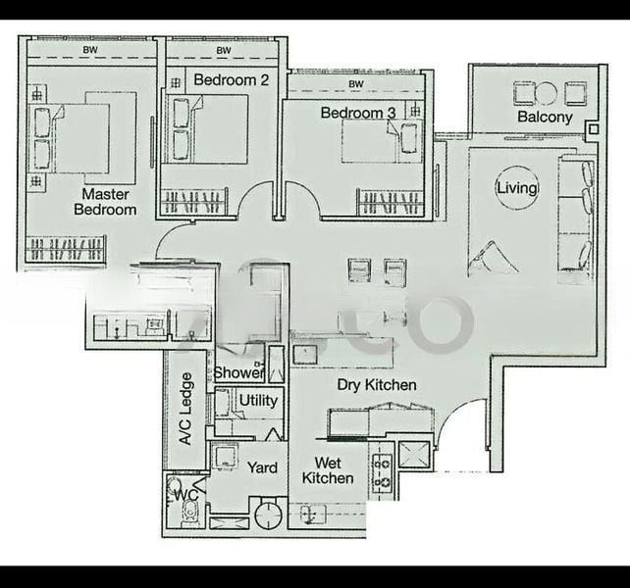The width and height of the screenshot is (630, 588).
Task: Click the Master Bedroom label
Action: click(108, 201)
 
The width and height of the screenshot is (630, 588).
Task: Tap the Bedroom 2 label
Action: click(231, 79)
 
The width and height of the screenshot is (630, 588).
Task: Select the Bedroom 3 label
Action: click(358, 113)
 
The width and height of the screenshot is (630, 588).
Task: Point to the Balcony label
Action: click(545, 117)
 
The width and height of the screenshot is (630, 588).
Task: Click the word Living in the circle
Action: click(517, 188)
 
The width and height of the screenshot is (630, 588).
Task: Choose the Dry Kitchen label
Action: click(377, 385)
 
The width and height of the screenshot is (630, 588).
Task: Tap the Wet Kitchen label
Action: click(328, 470)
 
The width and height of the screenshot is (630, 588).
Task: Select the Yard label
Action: click(261, 468)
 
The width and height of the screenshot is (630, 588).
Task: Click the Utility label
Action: click(258, 401)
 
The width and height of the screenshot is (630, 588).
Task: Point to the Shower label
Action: click(238, 372)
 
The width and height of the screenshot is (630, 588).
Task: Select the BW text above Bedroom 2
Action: click(224, 50)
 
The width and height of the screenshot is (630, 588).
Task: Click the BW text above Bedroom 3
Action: click(355, 84)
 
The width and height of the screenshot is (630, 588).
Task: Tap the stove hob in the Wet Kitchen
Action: click(380, 471)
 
